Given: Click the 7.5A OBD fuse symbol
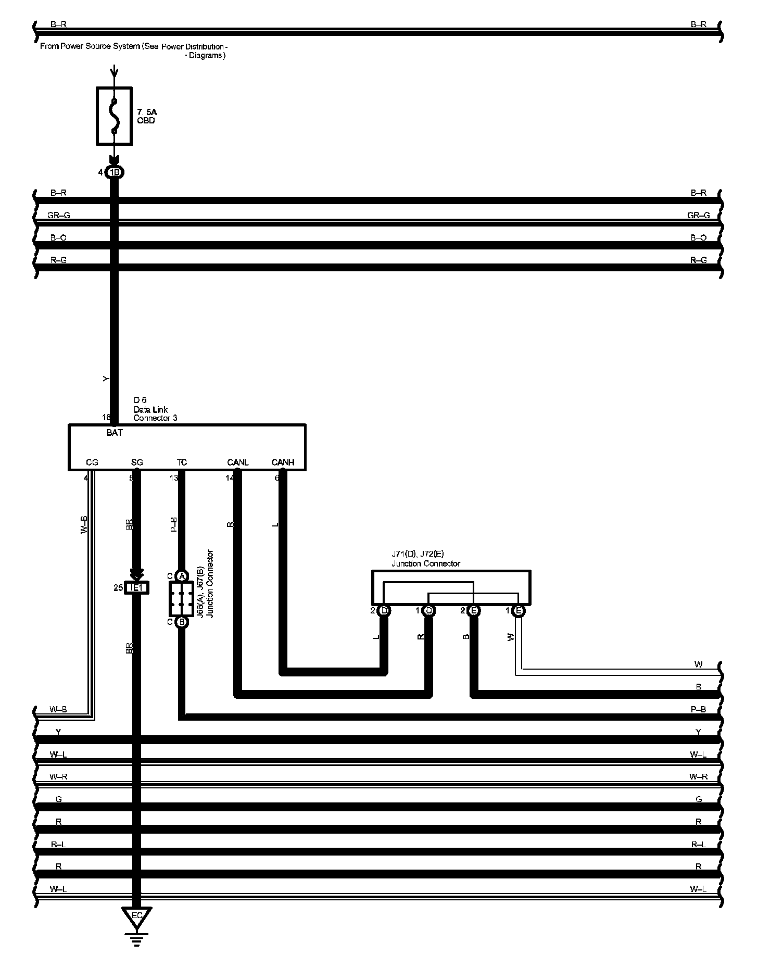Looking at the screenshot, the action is pos(114,116).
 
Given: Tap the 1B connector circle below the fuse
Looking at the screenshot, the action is pos(115,172).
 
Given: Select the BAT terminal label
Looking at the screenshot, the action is pos(115,433).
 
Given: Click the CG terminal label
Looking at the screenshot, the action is pos(92,462).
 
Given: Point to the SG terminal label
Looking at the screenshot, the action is pos(137,462).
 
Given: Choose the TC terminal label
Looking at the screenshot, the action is pos(182,462).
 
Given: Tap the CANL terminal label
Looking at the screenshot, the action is pos(238,462).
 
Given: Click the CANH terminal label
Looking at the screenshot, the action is pos(283,462).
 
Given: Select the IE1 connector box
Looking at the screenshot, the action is pos(136,588).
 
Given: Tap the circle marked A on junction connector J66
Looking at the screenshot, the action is pos(182,576).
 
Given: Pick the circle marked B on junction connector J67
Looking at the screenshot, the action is pos(182,621).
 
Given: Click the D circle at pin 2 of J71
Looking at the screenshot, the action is pos(384,610).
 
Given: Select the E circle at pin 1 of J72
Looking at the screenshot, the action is pos(519,610).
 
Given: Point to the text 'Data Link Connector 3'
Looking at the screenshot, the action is pos(155,414).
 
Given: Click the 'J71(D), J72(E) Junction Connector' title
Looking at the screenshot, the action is pos(426,559).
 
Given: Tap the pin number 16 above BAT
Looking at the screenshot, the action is pos(106,417).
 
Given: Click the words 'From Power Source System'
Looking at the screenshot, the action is pos(90,46).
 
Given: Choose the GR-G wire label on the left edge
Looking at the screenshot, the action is pos(58,215).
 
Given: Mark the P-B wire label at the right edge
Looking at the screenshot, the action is pos(698,709).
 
